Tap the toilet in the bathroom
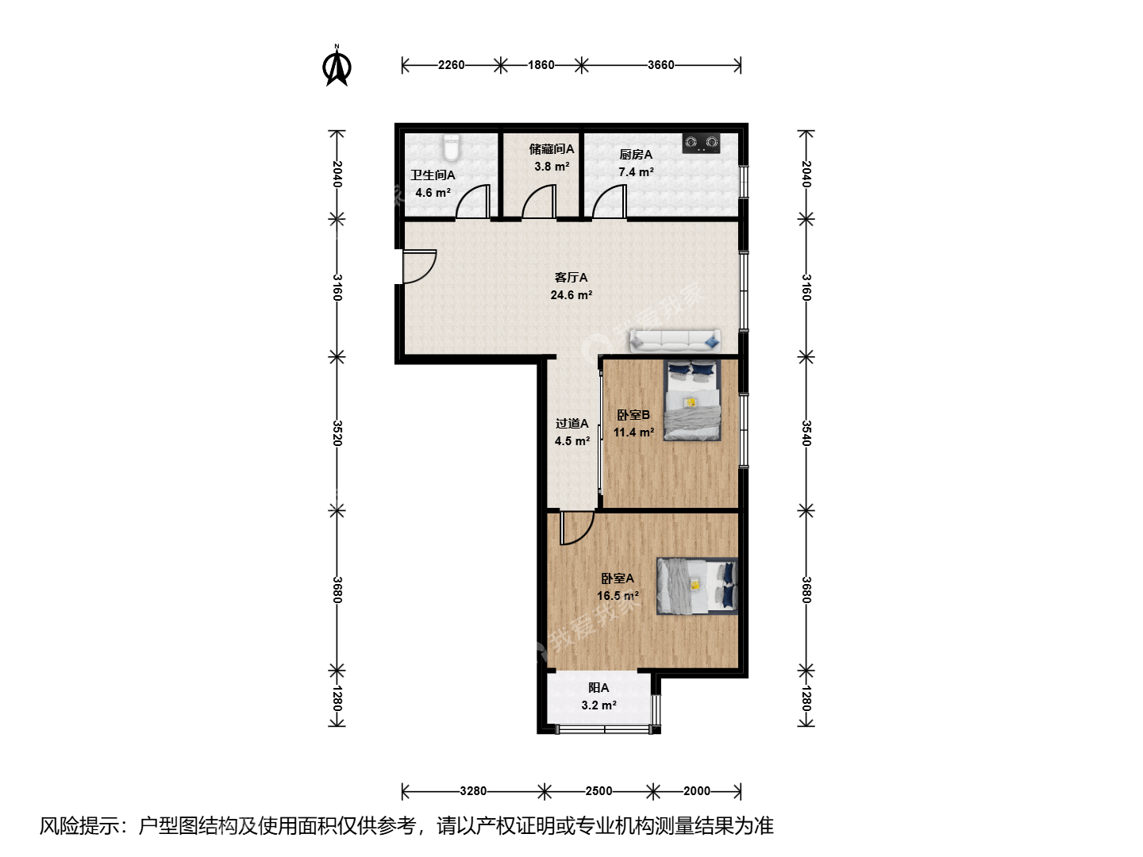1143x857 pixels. point(452,148)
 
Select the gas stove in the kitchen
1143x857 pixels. point(702,143)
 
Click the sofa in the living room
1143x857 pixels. point(675,340)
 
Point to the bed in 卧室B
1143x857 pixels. point(692,401)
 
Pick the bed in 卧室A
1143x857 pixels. point(697,586)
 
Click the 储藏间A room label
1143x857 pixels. point(552,149)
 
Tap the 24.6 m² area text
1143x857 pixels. point(571,295)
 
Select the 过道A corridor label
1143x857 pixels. point(571,424)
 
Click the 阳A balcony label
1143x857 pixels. point(598,688)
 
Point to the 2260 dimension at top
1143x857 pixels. point(451,65)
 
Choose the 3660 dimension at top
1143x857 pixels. point(661,65)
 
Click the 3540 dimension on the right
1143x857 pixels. point(806,433)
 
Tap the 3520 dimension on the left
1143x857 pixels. point(337,433)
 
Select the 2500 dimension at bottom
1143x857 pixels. point(598,791)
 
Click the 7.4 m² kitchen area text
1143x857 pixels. point(636,171)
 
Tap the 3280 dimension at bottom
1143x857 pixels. point(473,791)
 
